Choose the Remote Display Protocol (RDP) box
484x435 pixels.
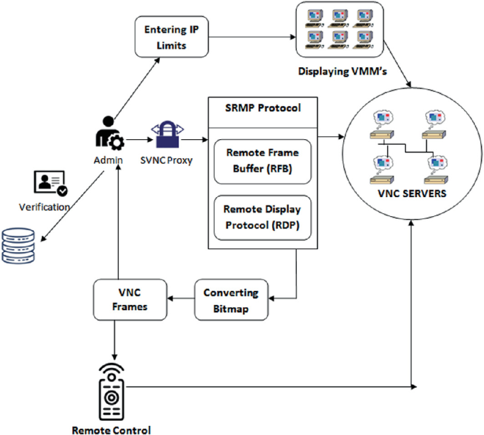pos(261,217)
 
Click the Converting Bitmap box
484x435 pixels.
pos(231,299)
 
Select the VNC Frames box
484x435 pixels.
pos(131,299)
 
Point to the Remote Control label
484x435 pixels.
pos(111,429)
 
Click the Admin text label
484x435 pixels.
pos(108,160)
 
